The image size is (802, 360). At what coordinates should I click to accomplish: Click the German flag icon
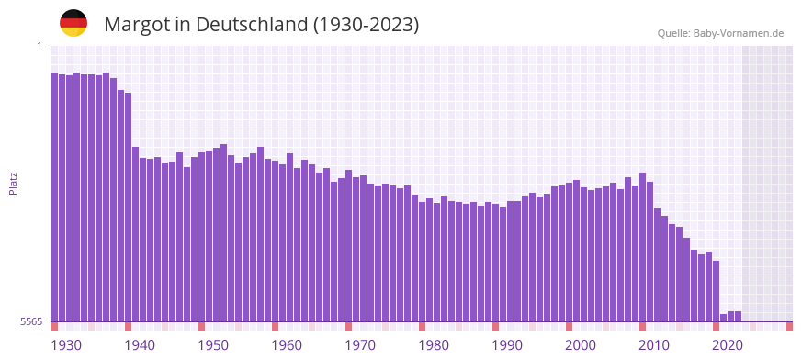click(73, 23)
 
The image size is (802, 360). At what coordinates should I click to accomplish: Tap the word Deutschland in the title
click(246, 25)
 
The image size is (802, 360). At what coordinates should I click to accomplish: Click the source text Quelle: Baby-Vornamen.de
click(720, 33)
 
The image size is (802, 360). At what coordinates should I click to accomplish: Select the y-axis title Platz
click(13, 183)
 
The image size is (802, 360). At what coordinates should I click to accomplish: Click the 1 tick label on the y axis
click(40, 46)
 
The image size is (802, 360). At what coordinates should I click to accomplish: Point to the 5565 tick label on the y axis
click(31, 321)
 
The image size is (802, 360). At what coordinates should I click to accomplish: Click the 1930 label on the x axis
click(66, 345)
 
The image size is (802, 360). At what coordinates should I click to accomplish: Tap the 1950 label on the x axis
click(213, 345)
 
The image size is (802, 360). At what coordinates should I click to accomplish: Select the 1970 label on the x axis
click(360, 345)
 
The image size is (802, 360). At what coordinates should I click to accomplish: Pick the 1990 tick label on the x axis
click(507, 345)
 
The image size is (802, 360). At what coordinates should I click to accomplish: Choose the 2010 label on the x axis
click(654, 345)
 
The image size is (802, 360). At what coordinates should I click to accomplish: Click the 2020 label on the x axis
click(728, 345)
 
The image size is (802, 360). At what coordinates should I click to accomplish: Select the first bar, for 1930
click(55, 197)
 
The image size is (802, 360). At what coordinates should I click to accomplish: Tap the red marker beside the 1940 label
click(129, 326)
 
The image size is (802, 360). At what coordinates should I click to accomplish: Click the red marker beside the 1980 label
click(423, 326)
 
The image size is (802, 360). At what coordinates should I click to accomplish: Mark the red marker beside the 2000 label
click(570, 326)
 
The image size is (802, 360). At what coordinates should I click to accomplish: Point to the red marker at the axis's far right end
click(789, 326)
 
